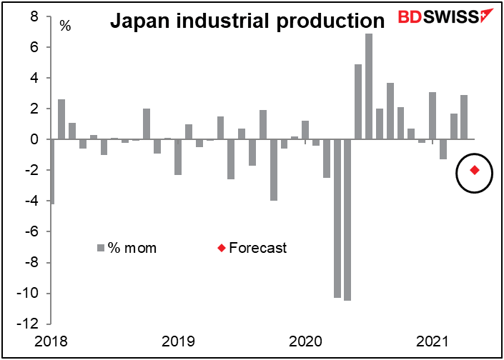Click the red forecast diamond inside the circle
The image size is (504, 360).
475,170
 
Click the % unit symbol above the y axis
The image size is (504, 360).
65,26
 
